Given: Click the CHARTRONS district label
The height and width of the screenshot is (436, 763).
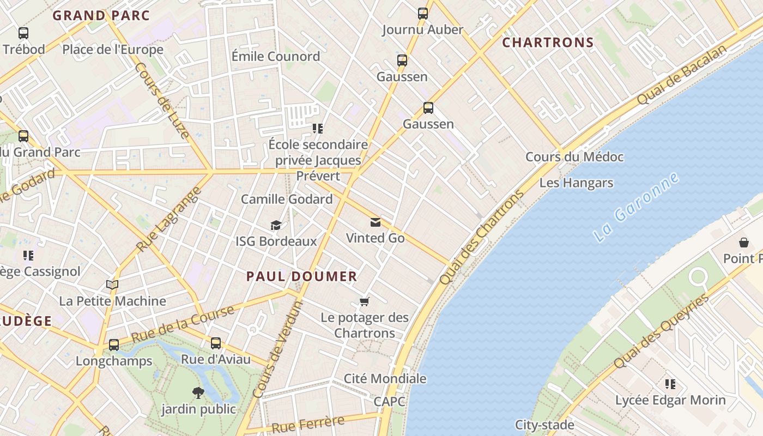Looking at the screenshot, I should point(548,43).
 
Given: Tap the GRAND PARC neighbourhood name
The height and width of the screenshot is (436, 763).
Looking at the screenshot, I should point(101,15).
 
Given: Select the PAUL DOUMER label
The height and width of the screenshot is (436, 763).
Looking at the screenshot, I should point(301,276).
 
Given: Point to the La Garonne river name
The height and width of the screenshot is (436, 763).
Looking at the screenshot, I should point(636,207).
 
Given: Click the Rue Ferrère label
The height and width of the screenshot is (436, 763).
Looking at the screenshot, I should point(308,423).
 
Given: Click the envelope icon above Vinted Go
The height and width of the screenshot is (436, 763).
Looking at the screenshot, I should point(376,222).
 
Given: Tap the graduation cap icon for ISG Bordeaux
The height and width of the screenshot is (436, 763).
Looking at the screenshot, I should point(276,225).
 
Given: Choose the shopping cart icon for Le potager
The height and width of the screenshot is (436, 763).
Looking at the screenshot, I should point(365,301).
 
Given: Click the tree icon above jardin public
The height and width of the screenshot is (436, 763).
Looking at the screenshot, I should point(198,392).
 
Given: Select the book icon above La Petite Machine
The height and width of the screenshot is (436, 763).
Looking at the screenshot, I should point(112,284).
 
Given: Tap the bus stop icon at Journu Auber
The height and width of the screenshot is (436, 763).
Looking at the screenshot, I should point(423,14).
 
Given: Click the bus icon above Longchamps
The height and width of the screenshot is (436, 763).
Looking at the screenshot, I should point(114,345).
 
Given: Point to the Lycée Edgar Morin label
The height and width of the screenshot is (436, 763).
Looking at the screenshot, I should point(670,400).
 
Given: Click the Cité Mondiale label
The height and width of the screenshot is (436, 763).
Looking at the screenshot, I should point(385,378).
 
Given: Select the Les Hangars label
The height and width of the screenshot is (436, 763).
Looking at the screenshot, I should point(576,183).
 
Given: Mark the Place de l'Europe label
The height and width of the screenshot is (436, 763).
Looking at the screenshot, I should point(113,50).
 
